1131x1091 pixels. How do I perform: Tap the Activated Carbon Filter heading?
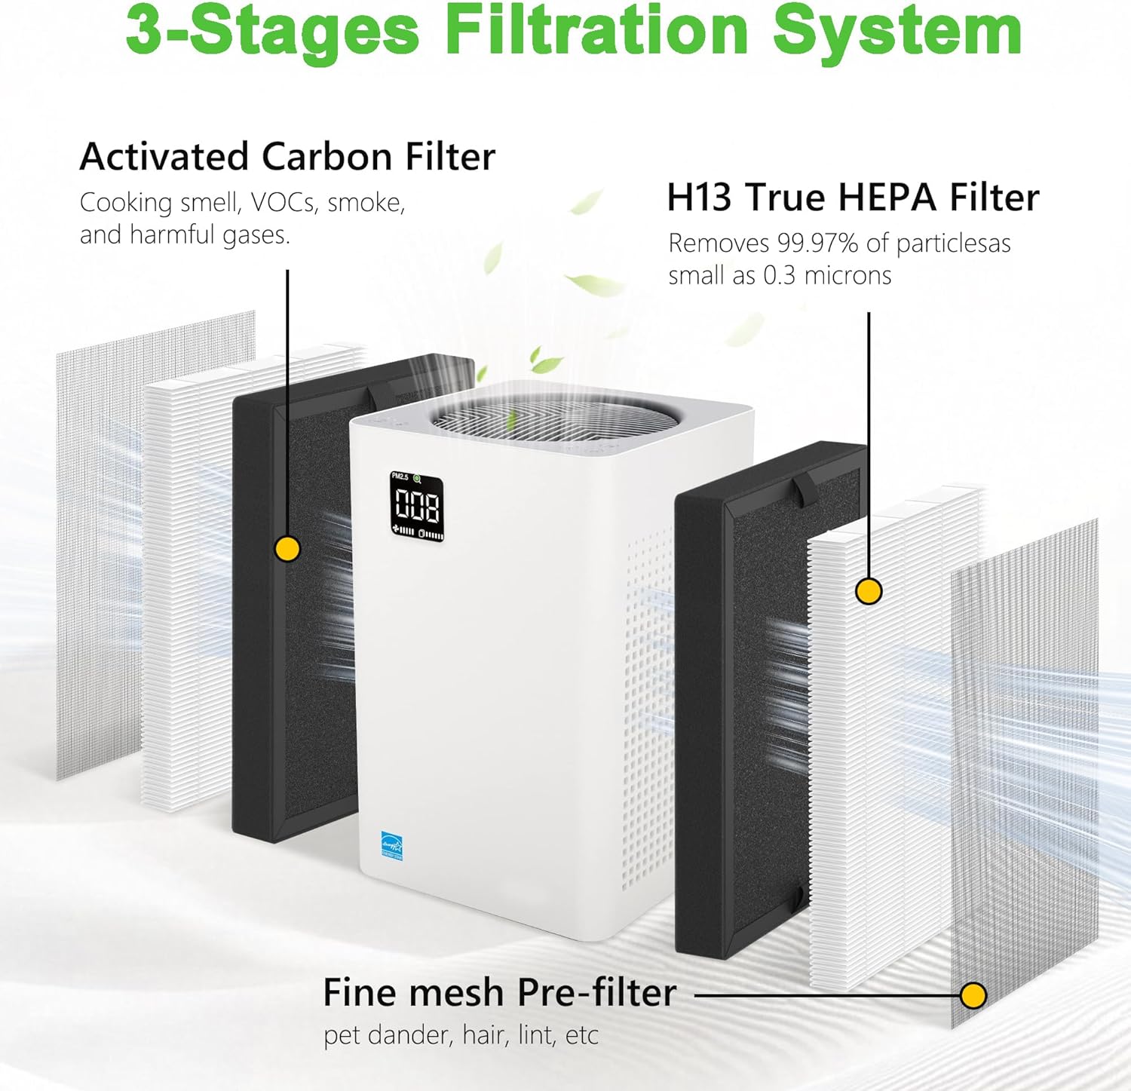click(x=287, y=157)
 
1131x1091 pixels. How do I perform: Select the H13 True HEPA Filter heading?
click(x=853, y=198)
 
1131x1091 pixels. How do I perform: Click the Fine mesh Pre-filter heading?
click(x=499, y=992)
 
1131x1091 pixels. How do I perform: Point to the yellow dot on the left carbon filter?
click(x=287, y=548)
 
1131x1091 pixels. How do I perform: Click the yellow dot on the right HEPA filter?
click(x=869, y=591)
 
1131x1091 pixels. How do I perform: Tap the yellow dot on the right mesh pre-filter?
click(x=973, y=995)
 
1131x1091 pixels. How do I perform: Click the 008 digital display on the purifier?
click(x=417, y=506)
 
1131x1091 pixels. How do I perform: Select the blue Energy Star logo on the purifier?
click(x=392, y=845)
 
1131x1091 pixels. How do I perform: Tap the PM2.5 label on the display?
click(x=400, y=477)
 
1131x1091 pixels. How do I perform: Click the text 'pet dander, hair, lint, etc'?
click(x=461, y=1035)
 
